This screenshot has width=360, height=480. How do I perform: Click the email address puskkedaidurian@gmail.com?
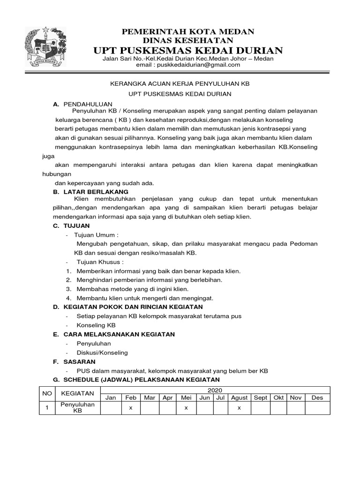pyautogui.click(x=202, y=65)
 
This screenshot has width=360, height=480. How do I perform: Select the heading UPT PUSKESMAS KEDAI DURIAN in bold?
pyautogui.click(x=188, y=51)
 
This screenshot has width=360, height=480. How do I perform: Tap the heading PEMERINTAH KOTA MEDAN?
pyautogui.click(x=188, y=31)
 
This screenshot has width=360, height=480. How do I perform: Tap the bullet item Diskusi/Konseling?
pyautogui.click(x=102, y=352)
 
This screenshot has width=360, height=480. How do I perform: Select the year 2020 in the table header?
pyautogui.click(x=216, y=390)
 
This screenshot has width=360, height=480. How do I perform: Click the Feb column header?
pyautogui.click(x=131, y=397)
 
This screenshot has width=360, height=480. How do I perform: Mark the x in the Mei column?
pyautogui.click(x=186, y=408)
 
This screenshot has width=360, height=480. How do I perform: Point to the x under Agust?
pyautogui.click(x=239, y=408)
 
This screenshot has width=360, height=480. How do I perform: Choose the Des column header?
pyautogui.click(x=317, y=397)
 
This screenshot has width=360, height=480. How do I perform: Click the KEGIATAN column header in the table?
pyautogui.click(x=77, y=393)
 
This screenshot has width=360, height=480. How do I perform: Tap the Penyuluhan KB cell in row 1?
pyautogui.click(x=77, y=408)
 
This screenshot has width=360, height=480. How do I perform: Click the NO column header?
pyautogui.click(x=47, y=393)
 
